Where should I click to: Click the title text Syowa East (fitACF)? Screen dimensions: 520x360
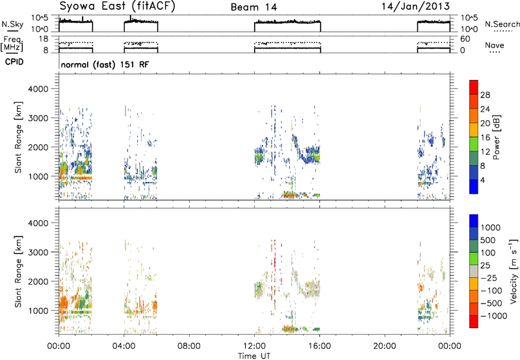tap(117, 6)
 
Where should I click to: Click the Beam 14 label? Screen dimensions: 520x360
tap(253, 7)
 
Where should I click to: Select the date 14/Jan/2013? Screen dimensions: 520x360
tap(415, 6)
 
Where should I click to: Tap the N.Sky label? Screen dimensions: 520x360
tap(12, 24)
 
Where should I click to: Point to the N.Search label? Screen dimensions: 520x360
tap(502, 24)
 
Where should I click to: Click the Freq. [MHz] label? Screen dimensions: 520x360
tap(12, 44)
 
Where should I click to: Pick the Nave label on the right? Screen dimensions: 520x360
tap(495, 45)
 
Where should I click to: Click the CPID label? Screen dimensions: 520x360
tap(14, 62)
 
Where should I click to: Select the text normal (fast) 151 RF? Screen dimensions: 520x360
tap(105, 64)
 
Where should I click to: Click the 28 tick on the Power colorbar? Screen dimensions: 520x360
tap(485, 95)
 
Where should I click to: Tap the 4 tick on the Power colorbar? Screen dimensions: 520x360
tap(482, 180)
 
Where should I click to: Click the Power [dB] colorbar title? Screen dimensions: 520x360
tap(497, 137)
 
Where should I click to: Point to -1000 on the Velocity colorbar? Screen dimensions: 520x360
tap(494, 316)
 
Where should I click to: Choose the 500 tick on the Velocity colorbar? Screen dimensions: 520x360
tap(488, 240)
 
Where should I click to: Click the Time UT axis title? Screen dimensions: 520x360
tap(254, 356)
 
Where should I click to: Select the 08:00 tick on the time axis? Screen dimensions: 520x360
tap(189, 346)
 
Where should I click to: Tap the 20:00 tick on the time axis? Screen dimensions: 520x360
tap(385, 346)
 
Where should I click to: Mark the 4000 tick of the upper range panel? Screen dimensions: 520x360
tap(38, 89)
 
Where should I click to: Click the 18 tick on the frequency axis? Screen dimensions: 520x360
tap(44, 39)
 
